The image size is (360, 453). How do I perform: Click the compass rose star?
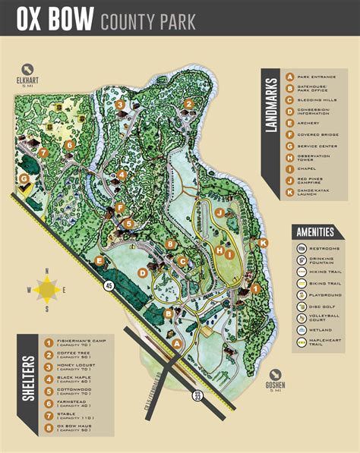47,288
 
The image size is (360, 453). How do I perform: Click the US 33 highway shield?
197,395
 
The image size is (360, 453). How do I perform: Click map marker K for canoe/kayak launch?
264,243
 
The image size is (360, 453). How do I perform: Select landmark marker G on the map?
24,180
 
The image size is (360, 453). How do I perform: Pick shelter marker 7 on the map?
43,153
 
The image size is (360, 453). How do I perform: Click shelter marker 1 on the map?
256,288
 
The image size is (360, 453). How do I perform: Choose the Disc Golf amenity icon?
302,307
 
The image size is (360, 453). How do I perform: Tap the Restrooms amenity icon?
302,248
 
